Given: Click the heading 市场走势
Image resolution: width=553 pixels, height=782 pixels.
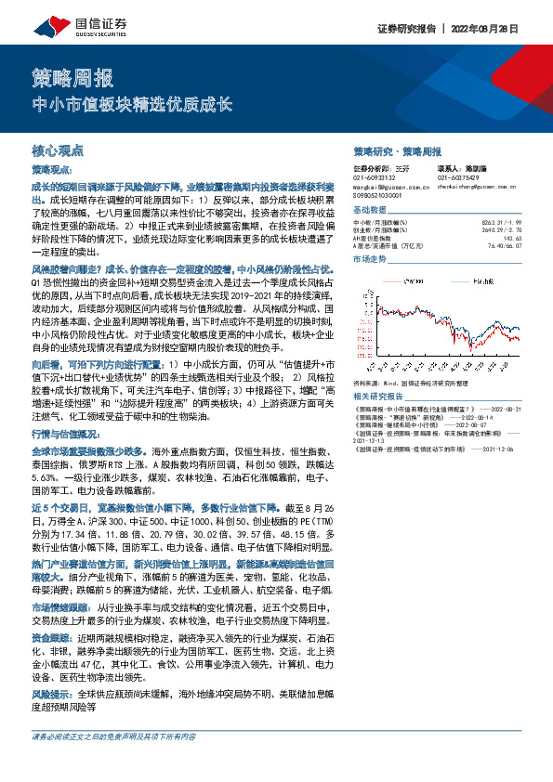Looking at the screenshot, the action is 371,262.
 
